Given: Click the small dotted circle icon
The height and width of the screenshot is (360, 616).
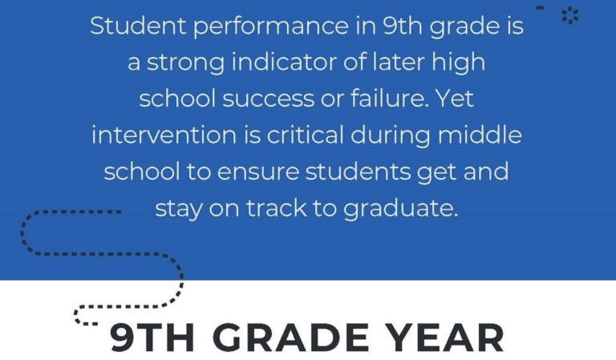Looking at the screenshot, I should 570,14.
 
